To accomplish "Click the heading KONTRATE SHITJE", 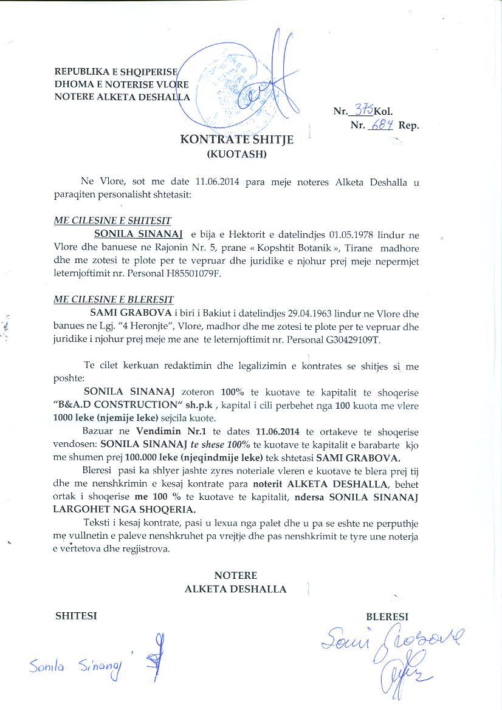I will point(237,140).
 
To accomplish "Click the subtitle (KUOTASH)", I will point(237,154).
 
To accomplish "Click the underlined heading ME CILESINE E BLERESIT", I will point(114,300).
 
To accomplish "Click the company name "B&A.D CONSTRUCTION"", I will point(121,406).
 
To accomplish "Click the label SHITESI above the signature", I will point(76,616).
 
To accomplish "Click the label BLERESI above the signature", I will point(387,616).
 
